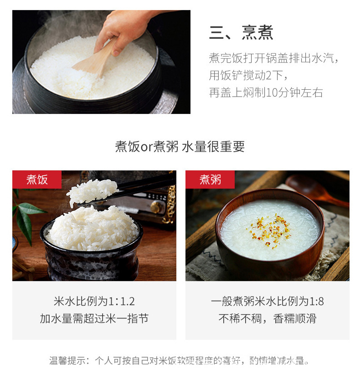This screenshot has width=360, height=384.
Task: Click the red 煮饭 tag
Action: tap(37, 179)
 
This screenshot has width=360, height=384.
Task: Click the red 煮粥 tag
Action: tap(210, 179)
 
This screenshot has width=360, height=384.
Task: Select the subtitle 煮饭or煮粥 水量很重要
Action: tap(180, 146)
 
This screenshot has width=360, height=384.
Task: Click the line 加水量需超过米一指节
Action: tap(94, 318)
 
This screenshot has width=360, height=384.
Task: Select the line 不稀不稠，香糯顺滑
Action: tap(267, 318)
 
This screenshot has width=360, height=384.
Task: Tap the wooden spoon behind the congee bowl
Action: tap(314, 187)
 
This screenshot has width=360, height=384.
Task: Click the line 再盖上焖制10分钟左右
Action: tap(266, 92)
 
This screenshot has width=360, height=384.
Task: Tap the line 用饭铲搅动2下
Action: tap(248, 75)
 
